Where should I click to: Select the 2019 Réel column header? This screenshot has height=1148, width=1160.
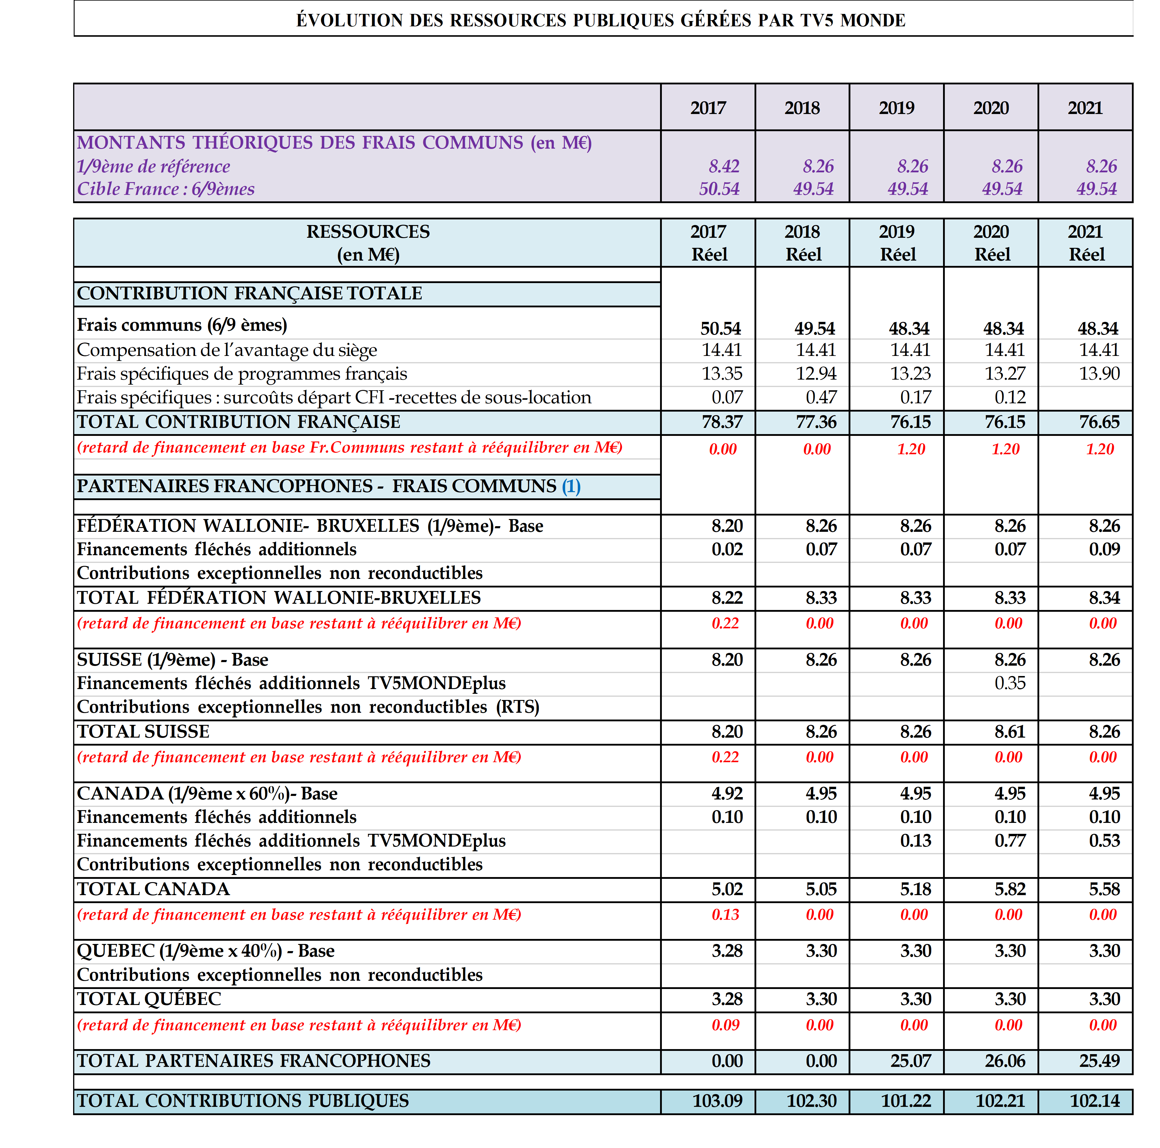point(897,243)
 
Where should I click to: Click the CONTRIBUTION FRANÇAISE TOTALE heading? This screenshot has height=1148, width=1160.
point(249,294)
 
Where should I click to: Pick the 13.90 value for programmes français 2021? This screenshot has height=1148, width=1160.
point(1099,374)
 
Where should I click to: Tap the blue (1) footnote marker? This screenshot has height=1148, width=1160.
point(571,487)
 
